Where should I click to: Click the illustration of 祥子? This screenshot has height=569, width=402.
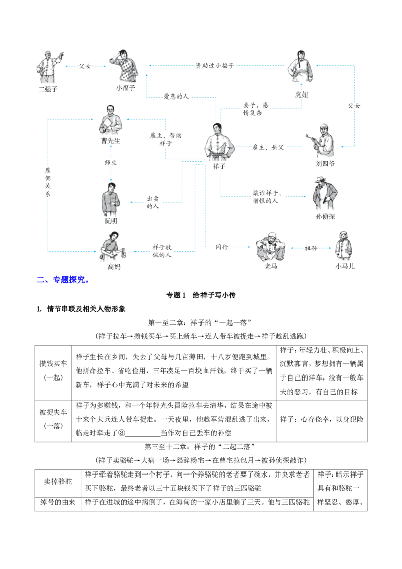(219, 142)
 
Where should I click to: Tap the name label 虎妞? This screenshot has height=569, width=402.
(301, 94)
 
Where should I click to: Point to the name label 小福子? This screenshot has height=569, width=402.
(126, 88)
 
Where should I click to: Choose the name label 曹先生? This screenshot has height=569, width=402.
(110, 141)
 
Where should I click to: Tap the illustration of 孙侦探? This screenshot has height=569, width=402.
(325, 193)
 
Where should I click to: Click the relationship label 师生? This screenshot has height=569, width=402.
(111, 163)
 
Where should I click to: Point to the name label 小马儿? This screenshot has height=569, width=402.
(344, 266)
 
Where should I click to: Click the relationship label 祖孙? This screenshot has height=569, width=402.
(311, 248)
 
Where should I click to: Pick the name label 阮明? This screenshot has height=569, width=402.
(111, 221)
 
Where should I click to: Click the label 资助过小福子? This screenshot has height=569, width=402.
(215, 66)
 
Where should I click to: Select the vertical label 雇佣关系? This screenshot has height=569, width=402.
(48, 182)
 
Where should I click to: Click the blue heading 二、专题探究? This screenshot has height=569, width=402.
(63, 280)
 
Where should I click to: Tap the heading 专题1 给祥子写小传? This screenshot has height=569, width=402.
(200, 295)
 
